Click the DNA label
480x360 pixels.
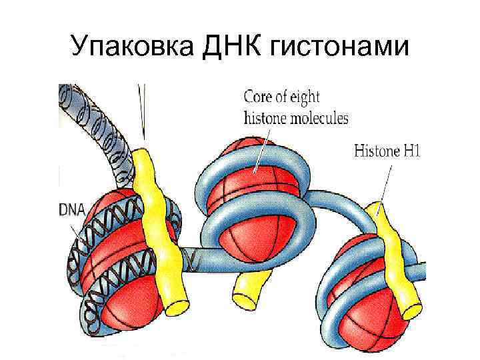(x=72, y=210)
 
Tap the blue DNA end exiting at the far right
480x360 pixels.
(x=419, y=270)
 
